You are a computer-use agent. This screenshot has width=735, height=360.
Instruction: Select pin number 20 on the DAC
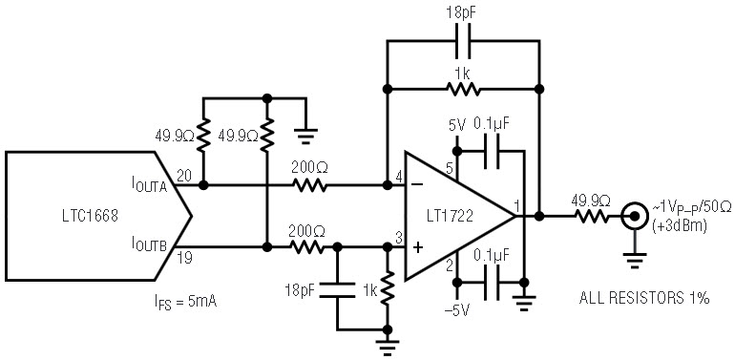coord(183,175)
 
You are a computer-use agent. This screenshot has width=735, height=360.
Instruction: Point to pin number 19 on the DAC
coord(184,257)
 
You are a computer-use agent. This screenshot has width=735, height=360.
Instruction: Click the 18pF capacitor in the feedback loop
coord(464,40)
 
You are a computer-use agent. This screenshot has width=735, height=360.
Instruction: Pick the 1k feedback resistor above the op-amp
coord(463,88)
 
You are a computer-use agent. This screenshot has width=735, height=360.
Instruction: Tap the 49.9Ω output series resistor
coord(592,216)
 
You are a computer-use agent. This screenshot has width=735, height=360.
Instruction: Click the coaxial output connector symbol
coord(634,216)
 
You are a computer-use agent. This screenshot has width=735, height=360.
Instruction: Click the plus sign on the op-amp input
coord(417,247)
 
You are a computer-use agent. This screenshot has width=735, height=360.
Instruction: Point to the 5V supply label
coord(457,126)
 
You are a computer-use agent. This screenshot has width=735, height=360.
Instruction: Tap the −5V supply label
coord(458,309)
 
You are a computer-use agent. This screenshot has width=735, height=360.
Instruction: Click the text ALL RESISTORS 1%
coord(644,298)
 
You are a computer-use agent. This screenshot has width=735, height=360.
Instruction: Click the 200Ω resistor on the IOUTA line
coord(309,184)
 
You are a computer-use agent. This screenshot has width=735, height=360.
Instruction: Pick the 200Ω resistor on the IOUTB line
coord(306,247)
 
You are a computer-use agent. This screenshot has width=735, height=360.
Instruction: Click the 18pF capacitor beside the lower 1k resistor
coord(337,290)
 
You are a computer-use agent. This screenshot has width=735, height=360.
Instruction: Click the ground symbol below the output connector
coord(635,260)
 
